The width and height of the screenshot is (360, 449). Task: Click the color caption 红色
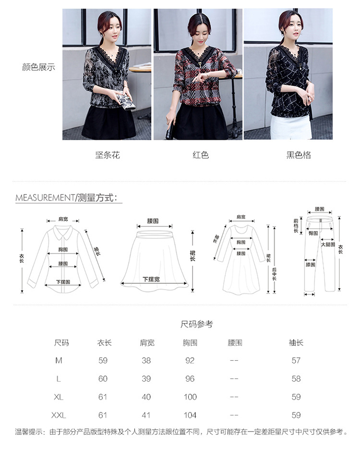coord(201,155)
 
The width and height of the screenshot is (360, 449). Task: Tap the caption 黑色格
coord(299,155)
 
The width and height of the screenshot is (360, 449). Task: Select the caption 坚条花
coord(108,155)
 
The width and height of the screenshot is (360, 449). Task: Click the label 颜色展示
coord(38,67)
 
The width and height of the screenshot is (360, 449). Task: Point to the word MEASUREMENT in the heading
coord(45,197)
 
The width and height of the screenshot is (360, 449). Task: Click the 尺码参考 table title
coord(197,324)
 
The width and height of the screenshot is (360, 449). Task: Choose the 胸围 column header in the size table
coord(190,342)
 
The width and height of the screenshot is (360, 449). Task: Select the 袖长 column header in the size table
coord(296,342)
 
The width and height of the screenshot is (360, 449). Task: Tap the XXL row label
coord(59,415)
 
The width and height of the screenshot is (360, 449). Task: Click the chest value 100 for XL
coord(190,397)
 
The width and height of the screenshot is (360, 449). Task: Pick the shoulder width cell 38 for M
coord(146,360)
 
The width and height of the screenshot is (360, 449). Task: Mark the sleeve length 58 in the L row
coord(296,378)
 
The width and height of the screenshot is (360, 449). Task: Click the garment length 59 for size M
coord(103,360)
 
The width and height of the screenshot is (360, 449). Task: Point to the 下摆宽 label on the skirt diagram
coord(151,279)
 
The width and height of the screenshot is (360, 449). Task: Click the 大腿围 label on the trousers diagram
coord(328,244)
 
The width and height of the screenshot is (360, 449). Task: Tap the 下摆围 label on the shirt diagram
coord(63,282)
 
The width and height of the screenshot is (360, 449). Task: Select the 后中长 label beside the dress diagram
coord(274,274)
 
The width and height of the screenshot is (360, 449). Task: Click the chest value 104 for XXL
coord(190,415)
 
